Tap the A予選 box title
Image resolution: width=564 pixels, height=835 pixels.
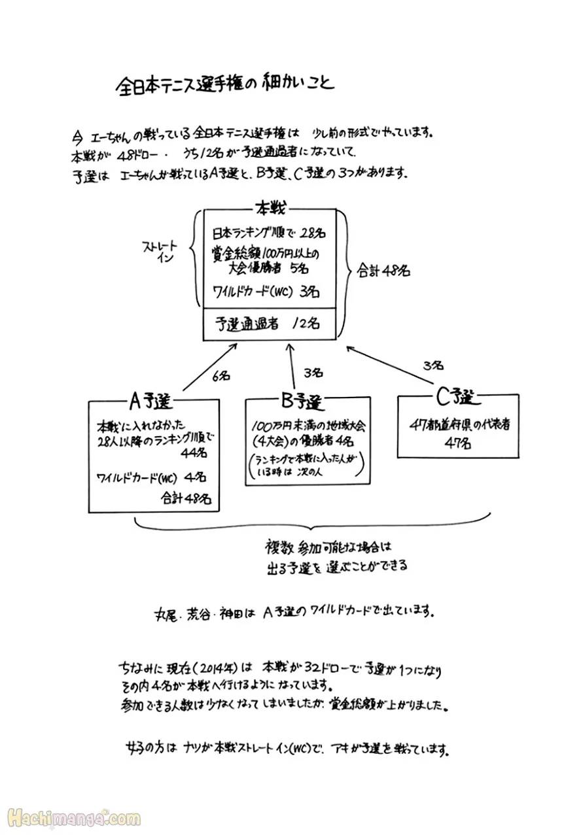click(x=152, y=398)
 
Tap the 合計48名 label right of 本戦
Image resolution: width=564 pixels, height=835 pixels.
click(x=383, y=270)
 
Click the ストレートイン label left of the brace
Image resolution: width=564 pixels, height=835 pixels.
click(x=160, y=251)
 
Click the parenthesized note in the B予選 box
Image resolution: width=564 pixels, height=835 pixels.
click(x=304, y=464)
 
